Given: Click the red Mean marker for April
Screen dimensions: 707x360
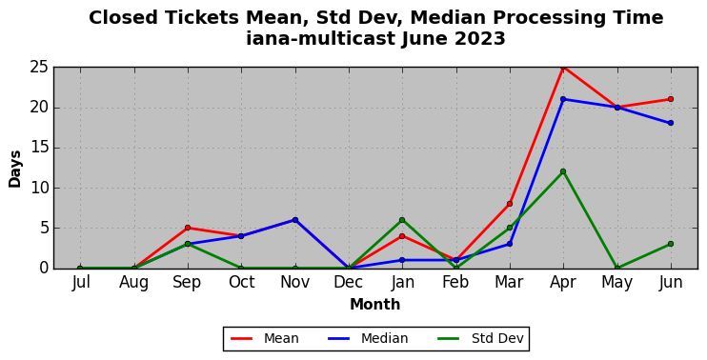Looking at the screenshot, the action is click(x=563, y=68).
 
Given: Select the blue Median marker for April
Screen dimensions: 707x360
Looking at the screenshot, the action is click(x=563, y=99).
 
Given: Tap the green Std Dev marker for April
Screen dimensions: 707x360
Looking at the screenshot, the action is click(x=563, y=171).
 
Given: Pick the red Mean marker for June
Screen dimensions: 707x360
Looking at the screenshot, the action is click(x=671, y=99).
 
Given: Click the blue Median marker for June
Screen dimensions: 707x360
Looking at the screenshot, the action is click(x=671, y=123).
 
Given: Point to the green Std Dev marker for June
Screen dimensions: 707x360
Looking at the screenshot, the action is click(x=671, y=244).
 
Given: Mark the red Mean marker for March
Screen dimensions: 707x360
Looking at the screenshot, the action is click(x=510, y=204).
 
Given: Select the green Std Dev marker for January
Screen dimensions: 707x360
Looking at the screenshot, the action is click(x=402, y=220).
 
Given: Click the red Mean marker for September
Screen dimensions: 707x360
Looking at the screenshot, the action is click(x=188, y=228).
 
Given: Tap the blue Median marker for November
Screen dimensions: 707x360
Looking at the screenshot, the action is click(x=295, y=220).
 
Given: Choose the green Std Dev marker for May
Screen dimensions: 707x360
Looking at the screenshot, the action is click(x=617, y=268).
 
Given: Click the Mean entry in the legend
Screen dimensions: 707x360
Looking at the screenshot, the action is click(x=265, y=338).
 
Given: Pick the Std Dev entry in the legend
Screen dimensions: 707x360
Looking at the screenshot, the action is click(x=480, y=338).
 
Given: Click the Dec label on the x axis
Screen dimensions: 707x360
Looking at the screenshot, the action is click(x=349, y=283).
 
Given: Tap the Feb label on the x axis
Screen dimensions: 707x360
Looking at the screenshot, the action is click(x=455, y=283).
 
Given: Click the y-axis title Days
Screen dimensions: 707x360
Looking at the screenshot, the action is click(x=15, y=169).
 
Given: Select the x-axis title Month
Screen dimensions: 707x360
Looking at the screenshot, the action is click(x=375, y=305).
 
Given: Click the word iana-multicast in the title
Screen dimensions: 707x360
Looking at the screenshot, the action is click(x=320, y=39).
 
